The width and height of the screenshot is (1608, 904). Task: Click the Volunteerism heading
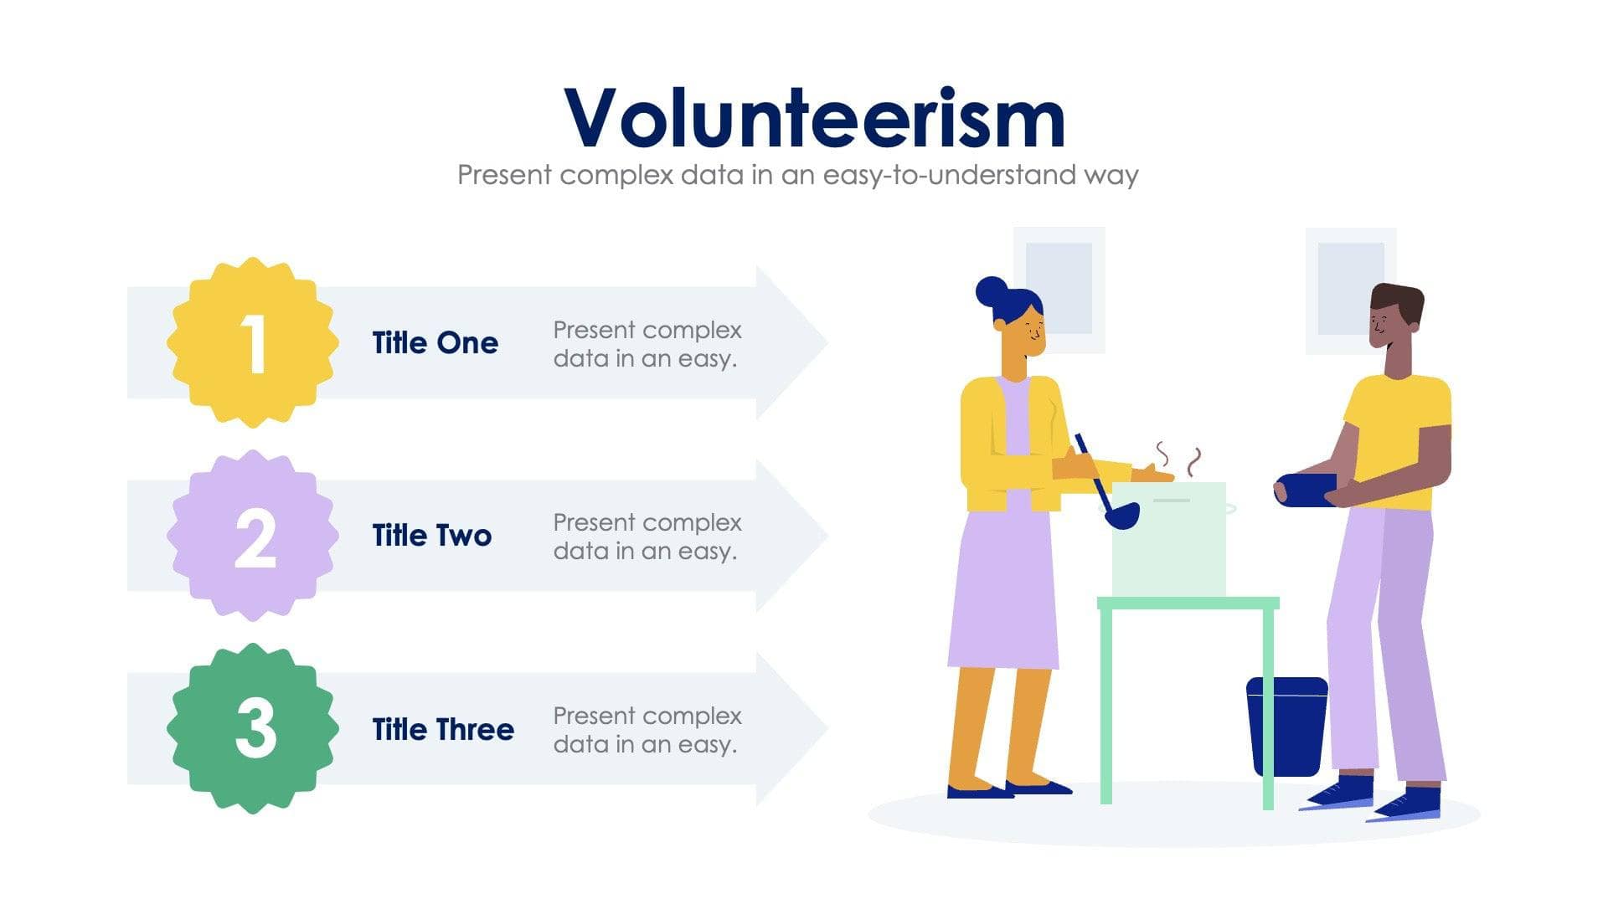[x=814, y=119]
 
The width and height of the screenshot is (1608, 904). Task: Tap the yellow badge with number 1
[x=253, y=343]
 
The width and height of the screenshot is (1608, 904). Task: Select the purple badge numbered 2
[x=253, y=537]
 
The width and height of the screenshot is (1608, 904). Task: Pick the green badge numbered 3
[x=253, y=729]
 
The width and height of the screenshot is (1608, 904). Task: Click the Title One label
[x=435, y=343]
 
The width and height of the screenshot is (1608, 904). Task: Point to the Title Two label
[x=431, y=536]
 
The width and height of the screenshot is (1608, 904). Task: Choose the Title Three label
[x=443, y=729]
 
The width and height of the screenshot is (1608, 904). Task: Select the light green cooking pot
[x=1169, y=540]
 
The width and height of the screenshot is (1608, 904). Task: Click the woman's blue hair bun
[x=992, y=291]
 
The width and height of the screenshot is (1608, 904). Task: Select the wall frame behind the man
[x=1349, y=289]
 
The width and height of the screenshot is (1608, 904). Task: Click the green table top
[x=1188, y=603]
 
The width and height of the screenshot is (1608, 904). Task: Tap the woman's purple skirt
[x=1003, y=594]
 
